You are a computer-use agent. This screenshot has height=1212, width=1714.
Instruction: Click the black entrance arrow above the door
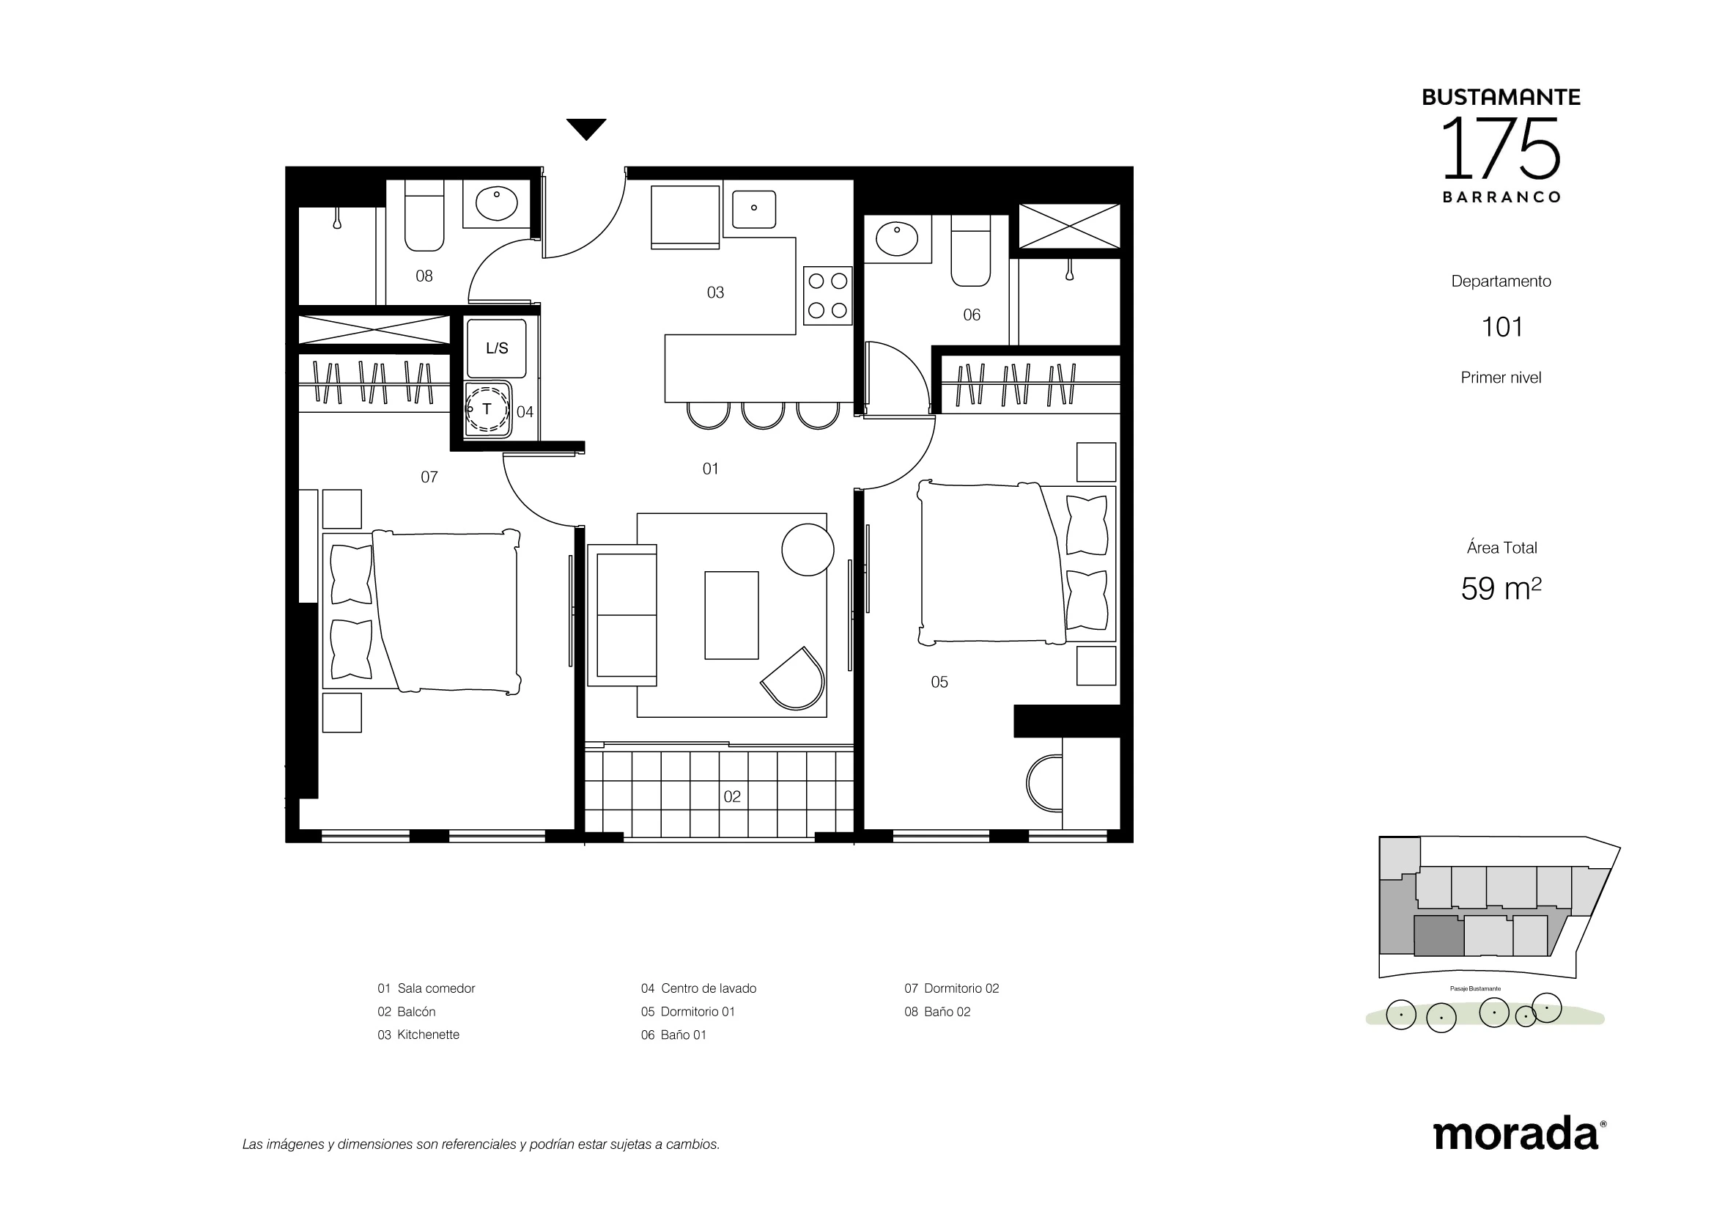[x=586, y=128]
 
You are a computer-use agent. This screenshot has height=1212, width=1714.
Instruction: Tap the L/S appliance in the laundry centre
[x=496, y=348]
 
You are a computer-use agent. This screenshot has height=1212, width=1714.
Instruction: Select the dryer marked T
[x=488, y=409]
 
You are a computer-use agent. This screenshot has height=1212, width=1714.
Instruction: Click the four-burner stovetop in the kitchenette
[x=828, y=295]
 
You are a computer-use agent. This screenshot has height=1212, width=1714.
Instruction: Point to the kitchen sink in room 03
[x=754, y=209]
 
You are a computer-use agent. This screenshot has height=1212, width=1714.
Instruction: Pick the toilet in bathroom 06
[x=970, y=251]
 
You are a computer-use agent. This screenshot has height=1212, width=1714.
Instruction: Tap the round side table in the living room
[x=808, y=549]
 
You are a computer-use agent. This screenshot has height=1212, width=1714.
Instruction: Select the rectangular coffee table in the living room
[x=731, y=615]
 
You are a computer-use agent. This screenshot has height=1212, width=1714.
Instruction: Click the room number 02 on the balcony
[x=732, y=797]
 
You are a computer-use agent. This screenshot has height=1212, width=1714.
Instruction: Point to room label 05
[x=939, y=682]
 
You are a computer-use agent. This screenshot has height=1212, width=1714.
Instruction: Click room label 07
[x=429, y=477]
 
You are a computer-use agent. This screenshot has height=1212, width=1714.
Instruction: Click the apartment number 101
[x=1502, y=327]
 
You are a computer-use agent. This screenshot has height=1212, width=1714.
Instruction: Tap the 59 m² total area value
[x=1501, y=589]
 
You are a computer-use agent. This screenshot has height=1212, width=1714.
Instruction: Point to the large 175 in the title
[x=1501, y=148]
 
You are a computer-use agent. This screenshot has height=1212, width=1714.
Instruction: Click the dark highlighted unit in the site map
[x=1438, y=936]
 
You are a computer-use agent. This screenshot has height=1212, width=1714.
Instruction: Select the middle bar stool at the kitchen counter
[x=763, y=415]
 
